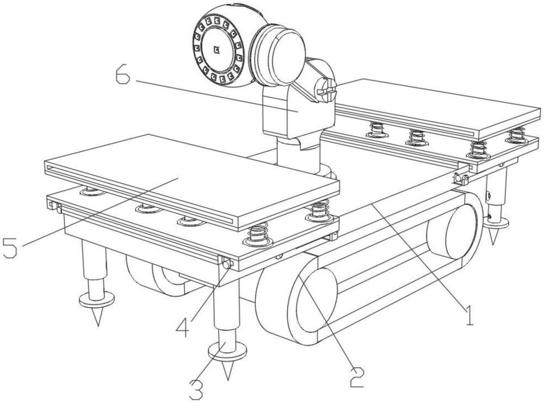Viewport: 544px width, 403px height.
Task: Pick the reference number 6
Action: [123, 76]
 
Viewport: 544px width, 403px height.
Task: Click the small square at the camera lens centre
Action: [217, 51]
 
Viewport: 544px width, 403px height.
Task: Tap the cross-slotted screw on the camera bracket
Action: [326, 88]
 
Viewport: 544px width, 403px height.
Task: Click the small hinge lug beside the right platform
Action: [459, 178]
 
